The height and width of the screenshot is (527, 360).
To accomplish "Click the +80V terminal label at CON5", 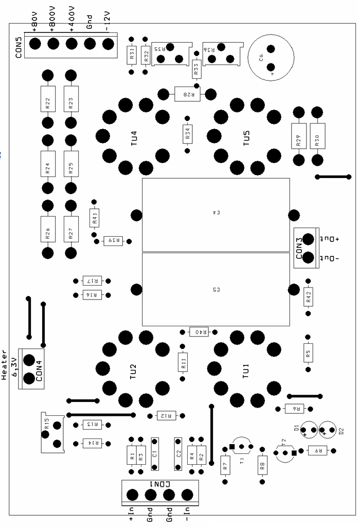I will point(35,24).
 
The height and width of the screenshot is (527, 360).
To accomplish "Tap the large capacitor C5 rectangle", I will point(215,289).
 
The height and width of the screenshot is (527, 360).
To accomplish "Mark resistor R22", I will point(47,102).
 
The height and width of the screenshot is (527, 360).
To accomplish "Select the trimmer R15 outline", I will point(52,432).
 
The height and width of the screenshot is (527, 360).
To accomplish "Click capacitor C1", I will point(155,453).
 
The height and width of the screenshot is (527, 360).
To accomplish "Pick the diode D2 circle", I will point(329,429).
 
